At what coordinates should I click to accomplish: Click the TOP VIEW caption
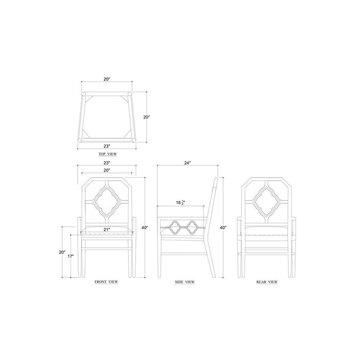pyautogui.click(x=107, y=154)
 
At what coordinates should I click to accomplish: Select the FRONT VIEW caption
pyautogui.click(x=106, y=282)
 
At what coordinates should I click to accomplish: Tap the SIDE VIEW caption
pyautogui.click(x=185, y=282)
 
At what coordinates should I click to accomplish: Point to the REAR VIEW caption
pyautogui.click(x=267, y=282)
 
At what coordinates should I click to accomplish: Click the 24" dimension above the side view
pyautogui.click(x=187, y=163)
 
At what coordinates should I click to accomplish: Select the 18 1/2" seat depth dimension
pyautogui.click(x=181, y=203)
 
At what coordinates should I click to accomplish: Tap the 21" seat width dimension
pyautogui.click(x=107, y=229)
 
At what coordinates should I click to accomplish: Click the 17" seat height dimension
pyautogui.click(x=71, y=256)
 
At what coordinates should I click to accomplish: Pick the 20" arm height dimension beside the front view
pyautogui.click(x=62, y=252)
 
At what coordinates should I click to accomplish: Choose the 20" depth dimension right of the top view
pyautogui.click(x=147, y=117)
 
